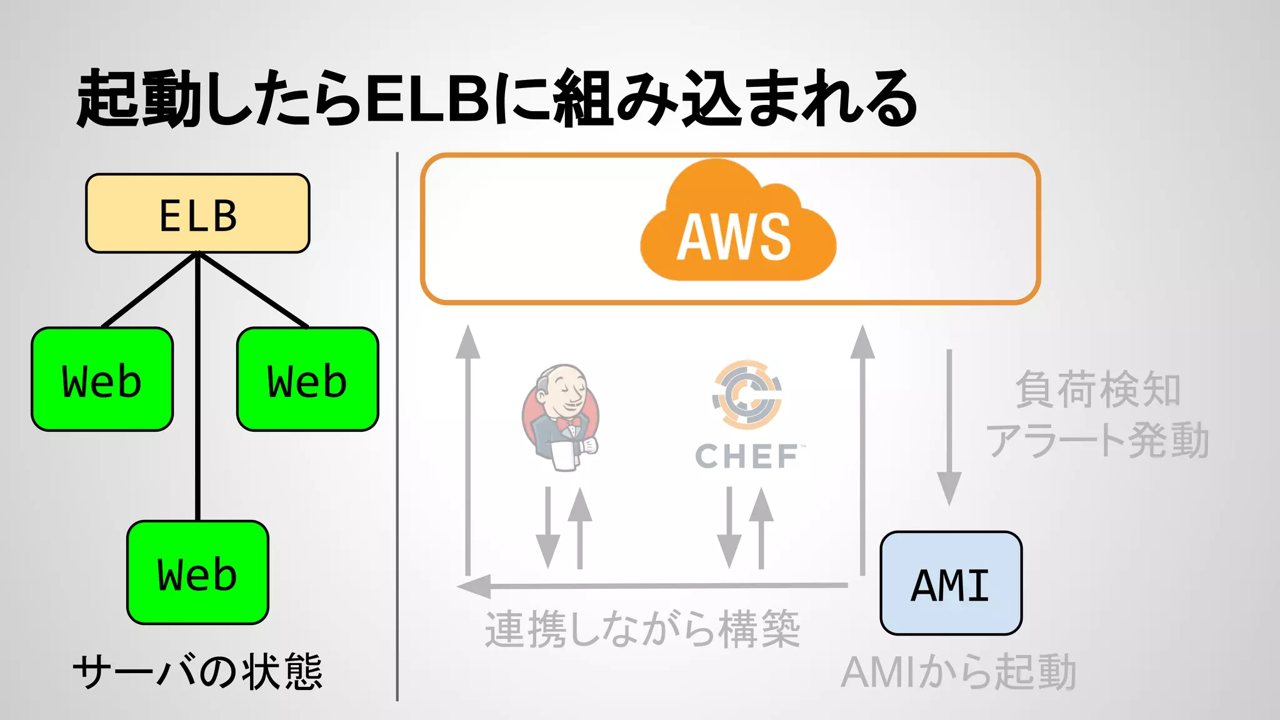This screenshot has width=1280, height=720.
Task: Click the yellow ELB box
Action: pos(197,213)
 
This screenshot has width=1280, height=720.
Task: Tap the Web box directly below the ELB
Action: pos(197,572)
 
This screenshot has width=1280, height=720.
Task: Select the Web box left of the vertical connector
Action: pos(102,379)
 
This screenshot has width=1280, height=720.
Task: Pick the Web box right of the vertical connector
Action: pos(307,379)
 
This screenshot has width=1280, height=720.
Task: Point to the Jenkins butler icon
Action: pos(561,417)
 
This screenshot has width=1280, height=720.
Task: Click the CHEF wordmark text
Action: pos(747,456)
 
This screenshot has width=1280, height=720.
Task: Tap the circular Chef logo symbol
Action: pos(747,394)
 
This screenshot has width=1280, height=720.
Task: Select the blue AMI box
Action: pos(951,583)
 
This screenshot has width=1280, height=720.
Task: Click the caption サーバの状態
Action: pos(197,672)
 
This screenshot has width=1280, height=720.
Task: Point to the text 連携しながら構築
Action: pos(642,629)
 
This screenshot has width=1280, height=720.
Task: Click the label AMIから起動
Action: pos(958,673)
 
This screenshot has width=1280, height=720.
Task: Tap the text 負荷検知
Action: pos(1097,389)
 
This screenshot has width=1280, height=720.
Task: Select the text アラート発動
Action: pos(1097,440)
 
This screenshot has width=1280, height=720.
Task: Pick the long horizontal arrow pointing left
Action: pos(652,586)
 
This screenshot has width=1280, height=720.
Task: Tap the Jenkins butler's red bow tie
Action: pos(569,423)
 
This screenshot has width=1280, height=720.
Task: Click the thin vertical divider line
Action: pos(397,425)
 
